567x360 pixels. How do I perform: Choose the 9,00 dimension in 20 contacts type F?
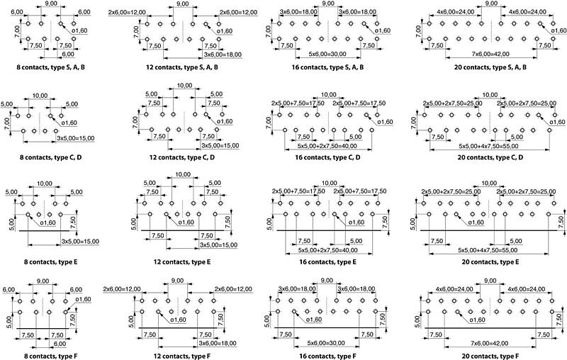490,281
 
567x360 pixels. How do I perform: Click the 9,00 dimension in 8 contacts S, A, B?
52,4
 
